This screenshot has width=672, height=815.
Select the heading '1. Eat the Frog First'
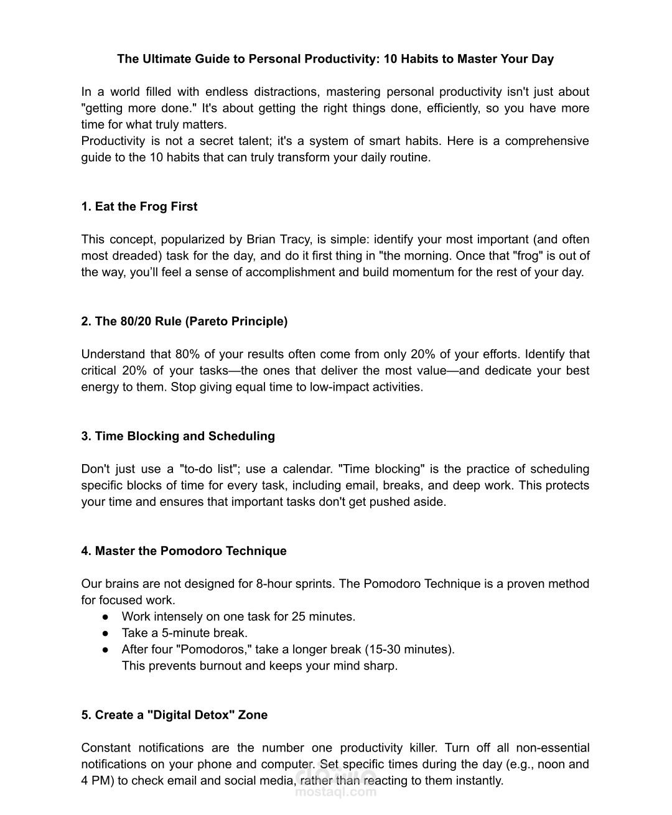click(139, 207)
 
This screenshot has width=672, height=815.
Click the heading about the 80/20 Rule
click(184, 322)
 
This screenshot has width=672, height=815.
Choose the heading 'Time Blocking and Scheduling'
click(178, 436)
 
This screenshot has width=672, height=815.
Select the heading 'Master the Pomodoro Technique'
click(184, 551)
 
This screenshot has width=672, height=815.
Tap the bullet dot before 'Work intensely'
click(106, 617)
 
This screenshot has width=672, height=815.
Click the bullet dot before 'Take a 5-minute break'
click(106, 633)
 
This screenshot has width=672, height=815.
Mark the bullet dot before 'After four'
click(106, 650)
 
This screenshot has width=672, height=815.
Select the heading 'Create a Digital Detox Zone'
click(174, 715)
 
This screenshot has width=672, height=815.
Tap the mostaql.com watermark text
click(336, 792)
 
